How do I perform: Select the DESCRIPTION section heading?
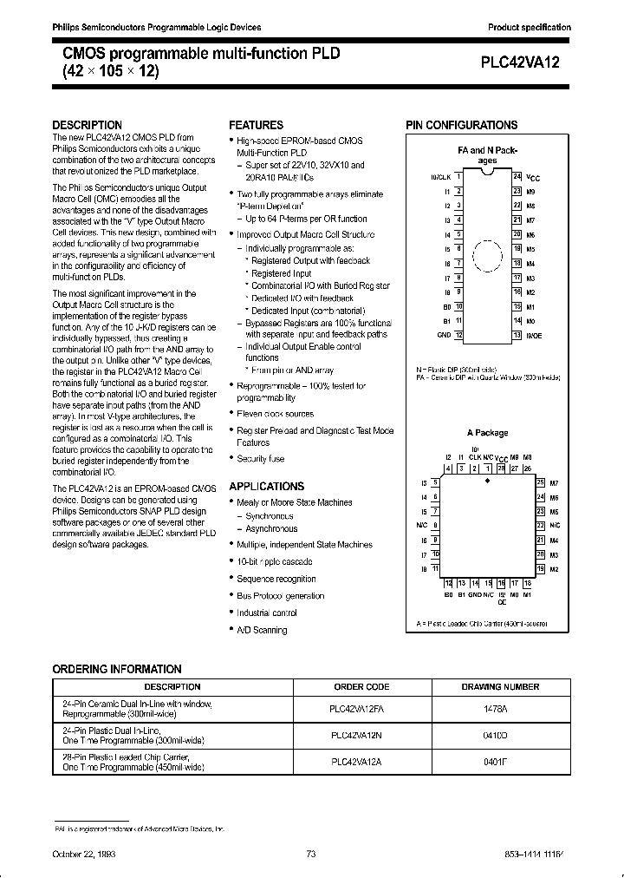click(x=88, y=125)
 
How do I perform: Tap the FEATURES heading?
click(x=256, y=125)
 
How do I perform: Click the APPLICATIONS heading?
click(x=266, y=487)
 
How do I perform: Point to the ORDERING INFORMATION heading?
click(x=117, y=669)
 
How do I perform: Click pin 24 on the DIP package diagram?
click(x=517, y=176)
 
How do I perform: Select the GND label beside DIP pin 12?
click(x=444, y=335)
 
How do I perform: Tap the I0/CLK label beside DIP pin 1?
click(x=440, y=176)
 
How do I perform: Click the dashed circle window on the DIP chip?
click(x=487, y=257)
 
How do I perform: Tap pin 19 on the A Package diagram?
click(x=541, y=568)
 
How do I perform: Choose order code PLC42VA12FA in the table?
click(x=363, y=708)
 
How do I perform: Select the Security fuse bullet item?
click(x=260, y=459)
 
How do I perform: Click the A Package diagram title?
click(x=486, y=433)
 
